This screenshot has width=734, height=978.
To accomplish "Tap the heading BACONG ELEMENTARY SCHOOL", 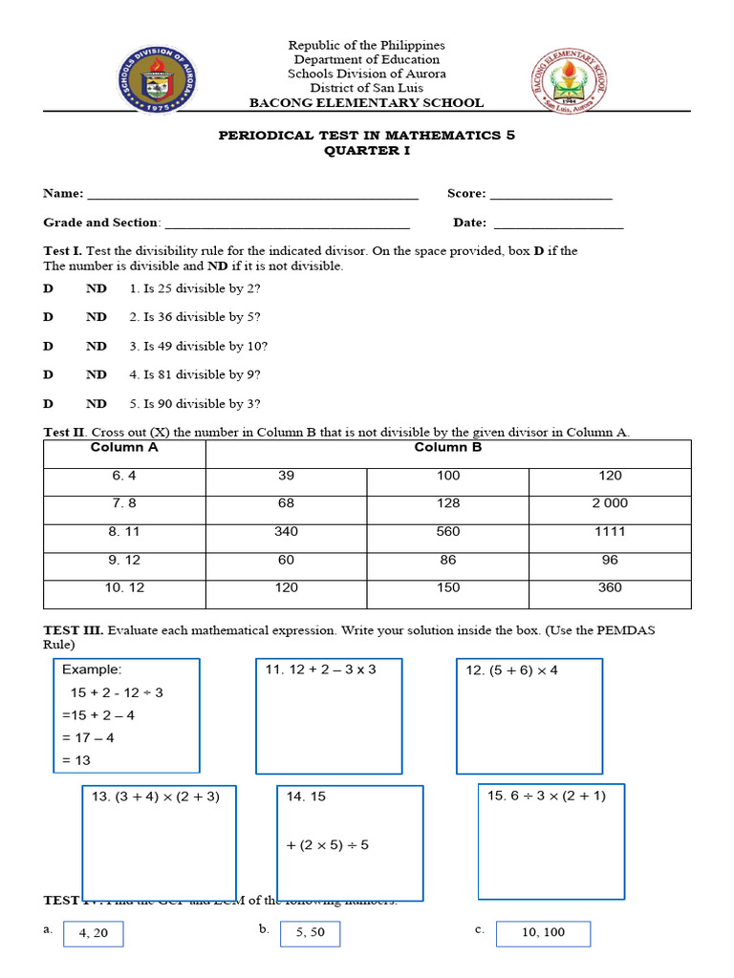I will click(366, 103).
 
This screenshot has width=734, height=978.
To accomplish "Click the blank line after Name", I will click(253, 196).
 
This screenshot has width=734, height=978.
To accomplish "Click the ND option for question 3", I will click(97, 346).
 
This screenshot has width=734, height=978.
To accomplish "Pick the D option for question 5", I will click(48, 404).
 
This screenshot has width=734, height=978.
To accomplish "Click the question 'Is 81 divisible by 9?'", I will click(195, 374).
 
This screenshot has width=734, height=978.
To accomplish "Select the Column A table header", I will click(124, 448).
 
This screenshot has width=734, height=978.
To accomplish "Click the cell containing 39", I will click(286, 476).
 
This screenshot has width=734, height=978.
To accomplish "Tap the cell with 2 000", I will click(610, 503).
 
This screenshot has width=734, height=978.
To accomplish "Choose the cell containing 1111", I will click(610, 532).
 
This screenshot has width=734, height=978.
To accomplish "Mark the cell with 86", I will click(447, 560).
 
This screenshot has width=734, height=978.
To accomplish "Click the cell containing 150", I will click(447, 588).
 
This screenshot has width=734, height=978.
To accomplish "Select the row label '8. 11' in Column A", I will click(124, 532).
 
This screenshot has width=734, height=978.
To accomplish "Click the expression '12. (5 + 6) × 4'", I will click(511, 670).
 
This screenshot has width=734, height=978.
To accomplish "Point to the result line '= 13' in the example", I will click(76, 760).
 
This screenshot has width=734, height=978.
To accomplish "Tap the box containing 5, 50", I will click(310, 933).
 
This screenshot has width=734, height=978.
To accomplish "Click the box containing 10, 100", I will click(543, 933).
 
